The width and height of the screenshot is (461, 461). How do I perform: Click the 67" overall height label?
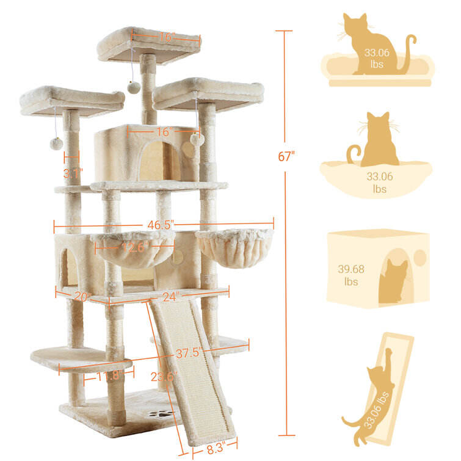(x=286, y=156)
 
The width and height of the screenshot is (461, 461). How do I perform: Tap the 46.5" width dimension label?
(x=161, y=225)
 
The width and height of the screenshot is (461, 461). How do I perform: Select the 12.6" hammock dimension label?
(x=136, y=247)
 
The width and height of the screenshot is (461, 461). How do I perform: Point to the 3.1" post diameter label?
(x=73, y=173)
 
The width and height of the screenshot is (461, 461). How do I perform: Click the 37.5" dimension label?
(x=189, y=352)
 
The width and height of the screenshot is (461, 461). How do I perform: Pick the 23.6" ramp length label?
(x=164, y=377)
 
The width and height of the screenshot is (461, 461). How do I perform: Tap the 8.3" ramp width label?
(x=216, y=449)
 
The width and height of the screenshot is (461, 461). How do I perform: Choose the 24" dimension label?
(x=171, y=297)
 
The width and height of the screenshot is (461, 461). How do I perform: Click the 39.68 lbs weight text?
(x=351, y=275)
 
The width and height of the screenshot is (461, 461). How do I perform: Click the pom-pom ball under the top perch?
(x=134, y=87)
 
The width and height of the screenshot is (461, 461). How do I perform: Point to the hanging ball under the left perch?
(x=56, y=143)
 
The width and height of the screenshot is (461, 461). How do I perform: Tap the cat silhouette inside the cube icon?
(x=393, y=280)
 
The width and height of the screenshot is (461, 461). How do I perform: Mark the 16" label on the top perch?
(x=167, y=37)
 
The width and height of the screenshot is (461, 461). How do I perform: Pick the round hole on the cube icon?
(x=420, y=258)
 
